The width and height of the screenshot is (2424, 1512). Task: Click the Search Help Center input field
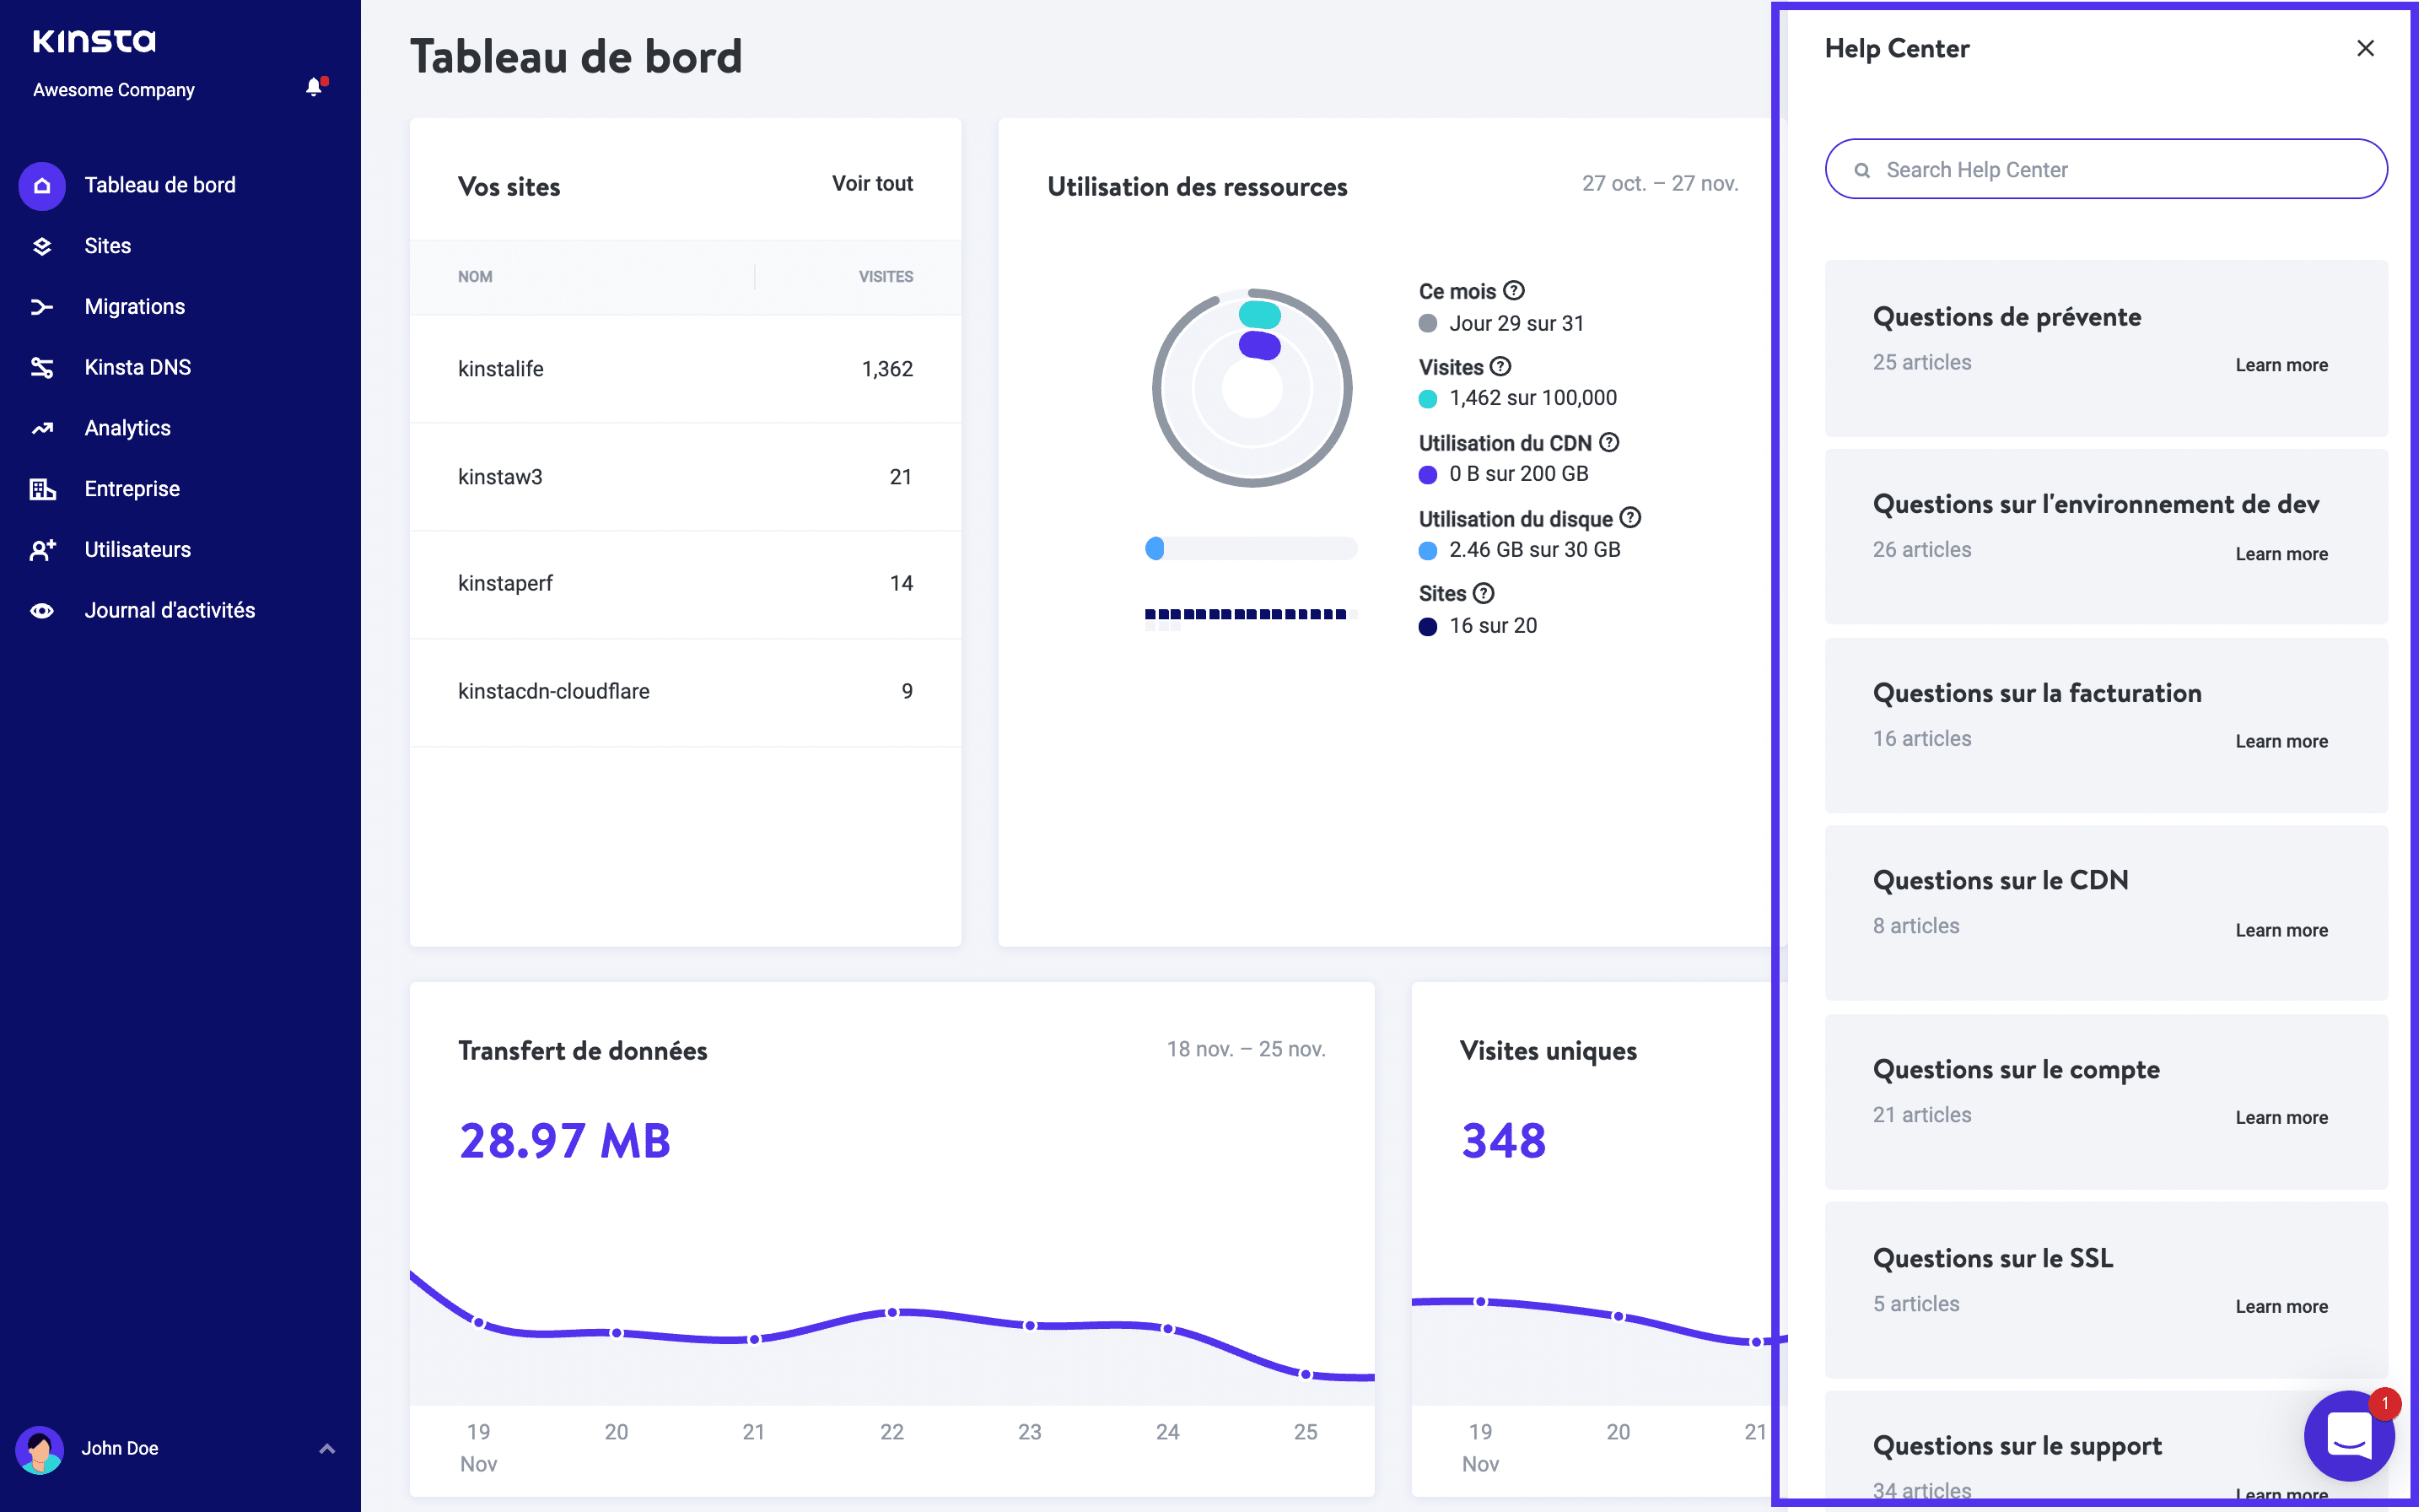2109,170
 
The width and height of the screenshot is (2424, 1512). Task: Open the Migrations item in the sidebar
134,307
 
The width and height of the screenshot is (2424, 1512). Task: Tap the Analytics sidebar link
127,429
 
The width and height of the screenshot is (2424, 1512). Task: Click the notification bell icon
315,88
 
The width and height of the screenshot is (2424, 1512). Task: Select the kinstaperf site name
506,584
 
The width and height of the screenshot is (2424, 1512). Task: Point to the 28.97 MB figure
566,1142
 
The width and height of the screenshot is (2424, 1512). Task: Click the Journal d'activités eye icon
42,611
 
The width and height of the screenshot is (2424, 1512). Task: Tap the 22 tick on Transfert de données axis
892,1433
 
